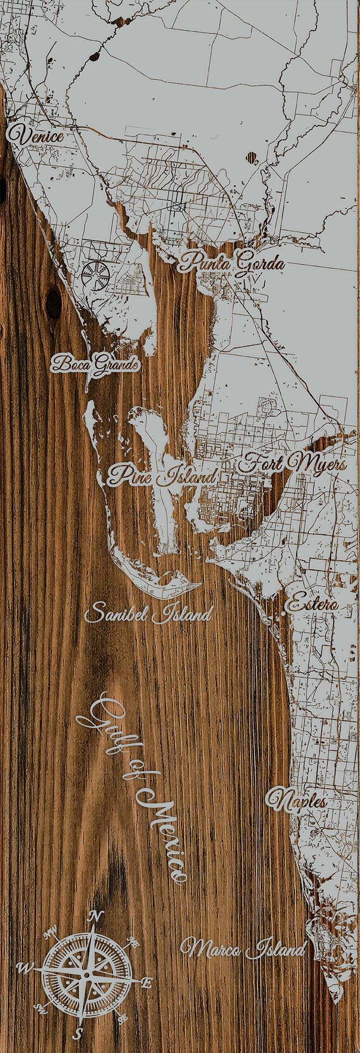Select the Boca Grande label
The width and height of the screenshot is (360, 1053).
click(96, 364)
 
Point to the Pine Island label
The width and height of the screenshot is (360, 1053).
click(162, 475)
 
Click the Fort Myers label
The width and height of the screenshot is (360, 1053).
click(293, 463)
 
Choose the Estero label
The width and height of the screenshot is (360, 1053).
click(311, 604)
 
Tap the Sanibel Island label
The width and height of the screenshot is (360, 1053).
click(149, 613)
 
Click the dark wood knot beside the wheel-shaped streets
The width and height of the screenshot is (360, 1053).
click(53, 304)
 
